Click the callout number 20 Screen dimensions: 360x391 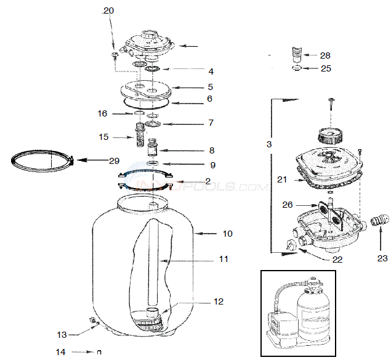pos(108,10)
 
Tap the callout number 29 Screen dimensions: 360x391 pos(114,161)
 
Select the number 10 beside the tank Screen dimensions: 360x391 pos(211,234)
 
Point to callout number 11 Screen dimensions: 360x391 pos(224,260)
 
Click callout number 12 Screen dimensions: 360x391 pos(219,301)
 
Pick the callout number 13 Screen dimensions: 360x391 pos(62,335)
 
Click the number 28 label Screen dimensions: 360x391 pos(326,55)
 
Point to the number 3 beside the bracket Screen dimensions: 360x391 pos(268,144)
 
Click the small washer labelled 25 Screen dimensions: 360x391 pos(297,68)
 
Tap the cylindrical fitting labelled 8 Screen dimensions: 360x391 pos(151,149)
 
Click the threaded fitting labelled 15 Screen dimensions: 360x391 pos(140,132)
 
